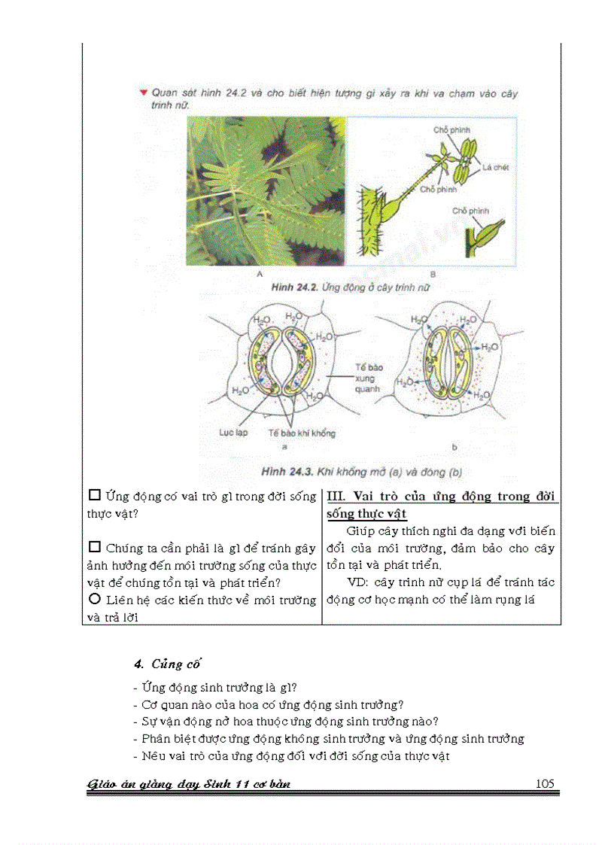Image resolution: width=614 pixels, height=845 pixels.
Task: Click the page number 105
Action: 545,783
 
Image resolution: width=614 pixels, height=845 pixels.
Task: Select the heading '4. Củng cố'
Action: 167,664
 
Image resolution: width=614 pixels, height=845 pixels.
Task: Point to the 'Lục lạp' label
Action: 233,433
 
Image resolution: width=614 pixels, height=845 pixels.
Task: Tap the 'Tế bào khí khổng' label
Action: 302,433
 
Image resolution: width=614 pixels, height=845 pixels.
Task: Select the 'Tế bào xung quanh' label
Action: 370,378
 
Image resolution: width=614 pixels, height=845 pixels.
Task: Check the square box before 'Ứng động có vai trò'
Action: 95,496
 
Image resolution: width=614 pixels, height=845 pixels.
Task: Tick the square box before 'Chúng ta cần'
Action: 95,547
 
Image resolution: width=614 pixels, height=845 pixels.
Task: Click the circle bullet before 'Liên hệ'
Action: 95,599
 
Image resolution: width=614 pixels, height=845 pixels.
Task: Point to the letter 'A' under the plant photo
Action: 259,275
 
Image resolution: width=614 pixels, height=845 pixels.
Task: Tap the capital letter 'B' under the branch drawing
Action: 433,275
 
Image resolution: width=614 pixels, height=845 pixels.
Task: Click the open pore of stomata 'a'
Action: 278,363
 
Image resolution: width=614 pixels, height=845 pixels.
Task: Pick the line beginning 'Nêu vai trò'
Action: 295,755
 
